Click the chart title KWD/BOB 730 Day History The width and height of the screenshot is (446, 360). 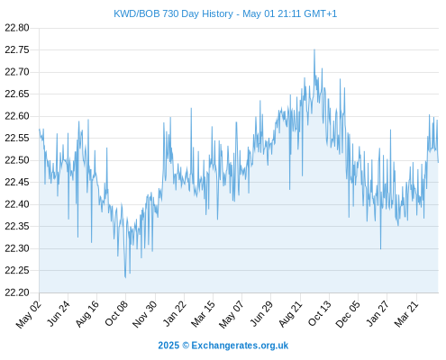click(x=174, y=13)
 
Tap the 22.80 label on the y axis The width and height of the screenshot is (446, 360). click(x=17, y=28)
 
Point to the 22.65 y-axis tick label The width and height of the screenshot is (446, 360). click(x=17, y=94)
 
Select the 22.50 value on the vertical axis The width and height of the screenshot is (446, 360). click(x=17, y=160)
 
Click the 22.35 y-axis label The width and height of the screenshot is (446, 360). click(x=17, y=226)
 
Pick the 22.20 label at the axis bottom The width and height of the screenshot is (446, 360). click(x=17, y=292)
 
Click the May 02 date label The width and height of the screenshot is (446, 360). click(x=29, y=314)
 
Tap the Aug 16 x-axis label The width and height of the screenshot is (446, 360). click(x=86, y=313)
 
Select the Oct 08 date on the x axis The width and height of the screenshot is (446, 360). click(x=116, y=313)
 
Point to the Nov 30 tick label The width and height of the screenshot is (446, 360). click(x=144, y=314)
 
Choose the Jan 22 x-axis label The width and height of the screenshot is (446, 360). click(x=174, y=313)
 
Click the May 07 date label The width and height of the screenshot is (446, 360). click(x=231, y=314)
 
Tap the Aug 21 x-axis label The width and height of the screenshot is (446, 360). click(x=290, y=313)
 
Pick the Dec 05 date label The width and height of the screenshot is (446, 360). click(x=348, y=314)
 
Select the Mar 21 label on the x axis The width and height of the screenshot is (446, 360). click(x=406, y=313)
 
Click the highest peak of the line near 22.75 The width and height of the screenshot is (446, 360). click(x=314, y=49)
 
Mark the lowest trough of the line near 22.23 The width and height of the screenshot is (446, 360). click(x=125, y=277)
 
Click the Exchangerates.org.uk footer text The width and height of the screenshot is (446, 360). click(x=240, y=346)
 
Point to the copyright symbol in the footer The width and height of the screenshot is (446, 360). click(x=186, y=346)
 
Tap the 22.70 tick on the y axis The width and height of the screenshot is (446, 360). click(x=17, y=72)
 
